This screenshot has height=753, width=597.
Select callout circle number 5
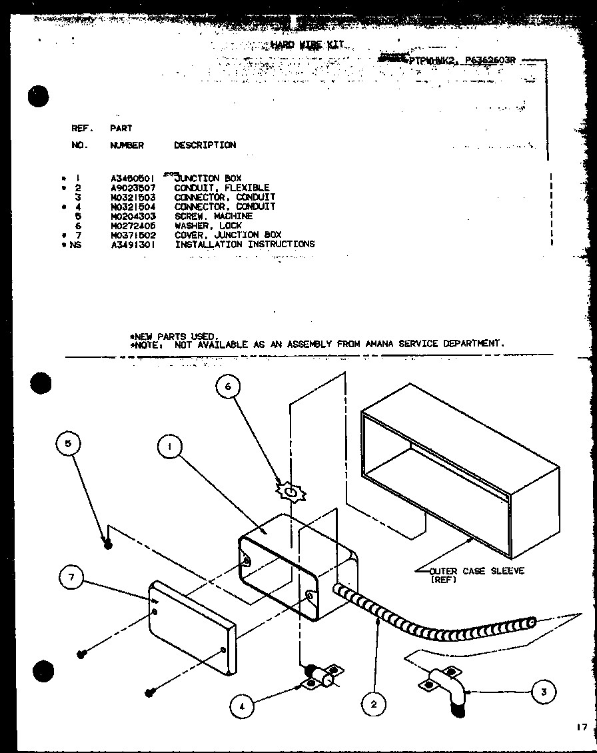pyautogui.click(x=70, y=443)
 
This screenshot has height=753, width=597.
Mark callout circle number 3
pyautogui.click(x=544, y=692)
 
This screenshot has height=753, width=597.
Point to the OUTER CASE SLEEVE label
pyautogui.click(x=476, y=571)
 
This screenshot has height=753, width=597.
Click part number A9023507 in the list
pyautogui.click(x=133, y=188)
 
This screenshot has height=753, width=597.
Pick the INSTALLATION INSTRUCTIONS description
pyautogui.click(x=245, y=244)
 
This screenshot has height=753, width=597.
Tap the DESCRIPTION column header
pyautogui.click(x=205, y=145)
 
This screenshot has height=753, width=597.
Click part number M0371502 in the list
pyautogui.click(x=133, y=235)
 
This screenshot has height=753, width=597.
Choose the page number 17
pyautogui.click(x=582, y=726)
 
